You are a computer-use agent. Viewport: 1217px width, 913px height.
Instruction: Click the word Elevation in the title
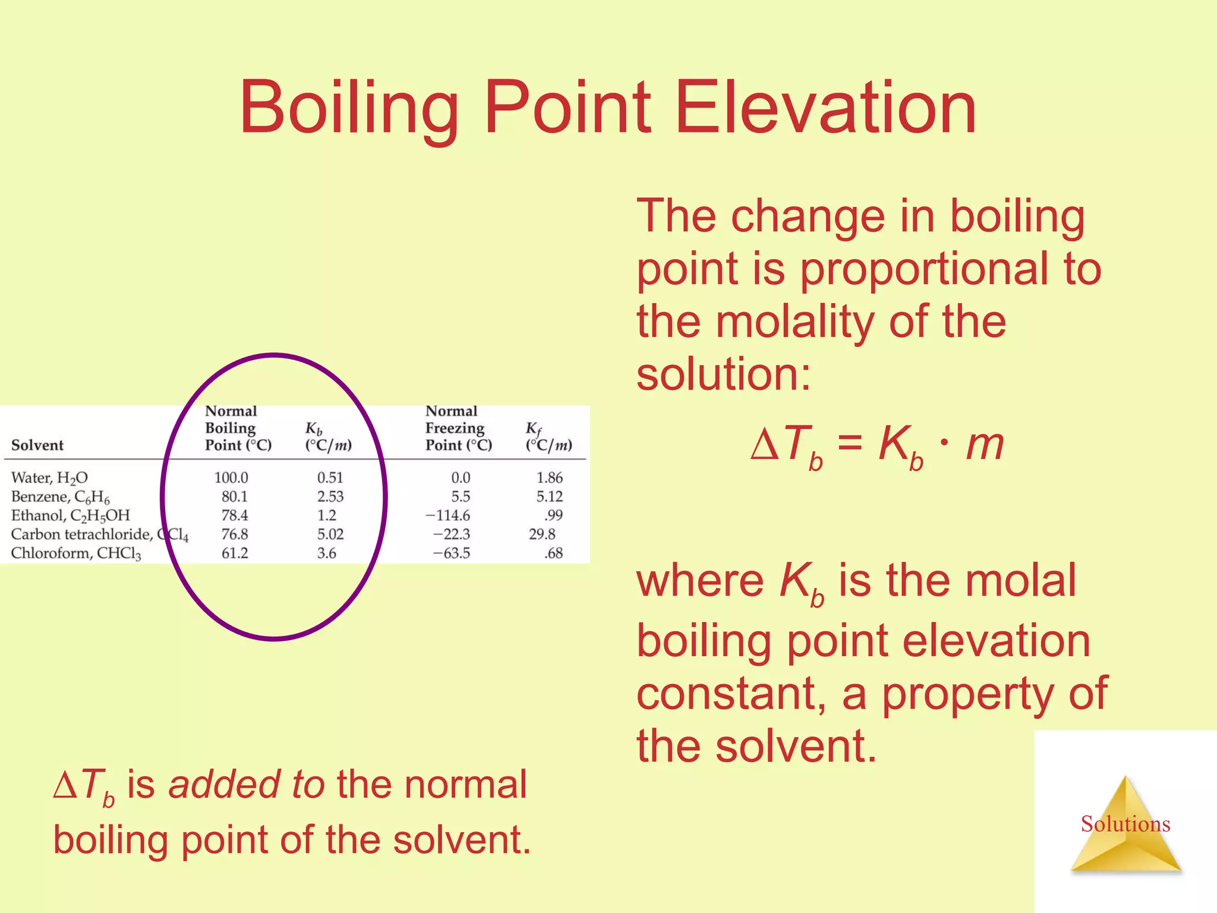click(826, 108)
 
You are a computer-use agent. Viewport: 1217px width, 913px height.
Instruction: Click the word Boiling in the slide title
click(349, 108)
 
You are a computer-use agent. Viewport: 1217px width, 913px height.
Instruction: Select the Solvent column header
click(37, 445)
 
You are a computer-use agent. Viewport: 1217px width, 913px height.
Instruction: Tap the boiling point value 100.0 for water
click(231, 477)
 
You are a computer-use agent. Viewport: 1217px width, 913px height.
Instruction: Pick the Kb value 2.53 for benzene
click(330, 496)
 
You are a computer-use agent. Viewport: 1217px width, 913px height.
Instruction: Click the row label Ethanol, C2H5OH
click(70, 515)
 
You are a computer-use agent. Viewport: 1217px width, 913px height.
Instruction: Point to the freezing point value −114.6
click(448, 515)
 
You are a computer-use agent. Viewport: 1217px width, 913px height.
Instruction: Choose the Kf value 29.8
click(542, 534)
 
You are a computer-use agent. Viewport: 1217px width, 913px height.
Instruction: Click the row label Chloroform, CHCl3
click(76, 553)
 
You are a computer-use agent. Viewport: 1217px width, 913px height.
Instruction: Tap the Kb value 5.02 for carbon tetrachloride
click(330, 534)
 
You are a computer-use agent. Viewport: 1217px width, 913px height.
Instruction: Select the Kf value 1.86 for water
click(549, 477)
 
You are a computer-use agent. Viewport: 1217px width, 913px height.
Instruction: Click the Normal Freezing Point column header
click(458, 428)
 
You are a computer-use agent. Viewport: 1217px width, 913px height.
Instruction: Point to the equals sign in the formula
click(850, 444)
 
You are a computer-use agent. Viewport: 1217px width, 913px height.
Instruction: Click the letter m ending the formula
click(985, 444)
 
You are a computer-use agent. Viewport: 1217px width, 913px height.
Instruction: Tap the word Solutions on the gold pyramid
click(1125, 824)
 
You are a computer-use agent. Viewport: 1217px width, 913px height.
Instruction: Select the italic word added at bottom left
click(223, 784)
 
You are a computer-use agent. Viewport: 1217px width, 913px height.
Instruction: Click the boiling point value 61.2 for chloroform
click(235, 553)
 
